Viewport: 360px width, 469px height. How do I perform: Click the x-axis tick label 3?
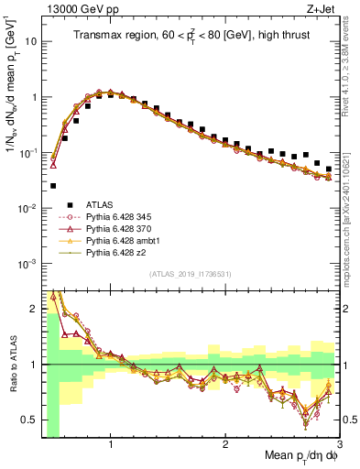(339, 444)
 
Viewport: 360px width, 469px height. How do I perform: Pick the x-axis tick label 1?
(111, 444)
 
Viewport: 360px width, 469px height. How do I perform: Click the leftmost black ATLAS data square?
(53, 185)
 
